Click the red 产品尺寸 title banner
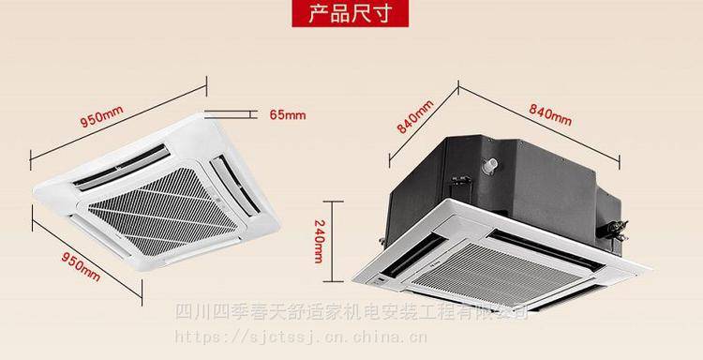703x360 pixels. (x=351, y=15)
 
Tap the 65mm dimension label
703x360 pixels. (x=288, y=115)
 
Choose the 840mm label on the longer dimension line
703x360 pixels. (x=550, y=115)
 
